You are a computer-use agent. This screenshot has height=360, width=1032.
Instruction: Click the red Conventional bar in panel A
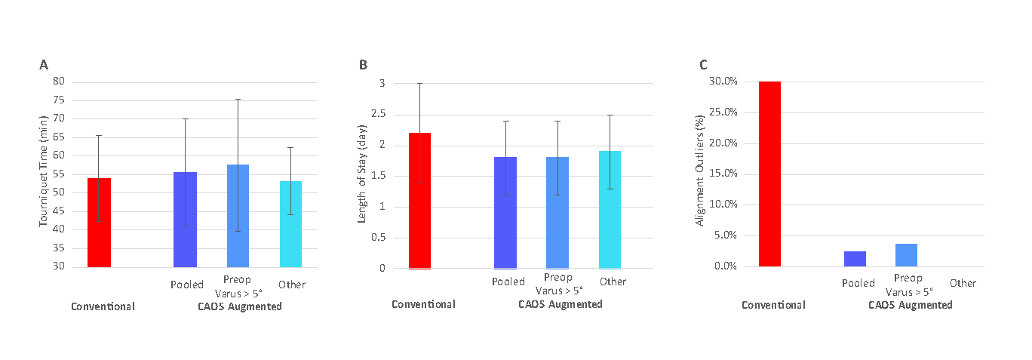[x=99, y=223]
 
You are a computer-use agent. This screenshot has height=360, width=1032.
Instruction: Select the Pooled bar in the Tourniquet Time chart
[x=185, y=220]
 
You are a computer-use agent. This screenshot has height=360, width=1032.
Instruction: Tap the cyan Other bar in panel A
[x=290, y=224]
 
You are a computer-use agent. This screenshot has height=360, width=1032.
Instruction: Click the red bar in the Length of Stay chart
[x=419, y=201]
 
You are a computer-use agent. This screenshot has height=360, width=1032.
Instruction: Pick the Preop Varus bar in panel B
[x=557, y=213]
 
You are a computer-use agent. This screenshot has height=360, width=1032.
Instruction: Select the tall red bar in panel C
[x=769, y=174]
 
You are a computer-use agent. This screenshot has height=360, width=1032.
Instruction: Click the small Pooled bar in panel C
[x=855, y=259]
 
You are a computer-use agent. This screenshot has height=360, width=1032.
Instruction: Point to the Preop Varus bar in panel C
[x=906, y=255]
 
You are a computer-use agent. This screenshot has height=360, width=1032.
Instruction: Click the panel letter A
[x=44, y=66]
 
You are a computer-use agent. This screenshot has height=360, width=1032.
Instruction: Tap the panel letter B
[x=363, y=66]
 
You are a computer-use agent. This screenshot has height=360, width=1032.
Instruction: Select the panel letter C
[x=703, y=66]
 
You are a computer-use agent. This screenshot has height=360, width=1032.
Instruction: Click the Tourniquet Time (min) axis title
[x=44, y=174]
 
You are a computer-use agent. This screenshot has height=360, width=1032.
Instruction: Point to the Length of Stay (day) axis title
[x=363, y=175]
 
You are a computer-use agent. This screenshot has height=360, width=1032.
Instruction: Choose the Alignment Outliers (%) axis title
[x=701, y=174]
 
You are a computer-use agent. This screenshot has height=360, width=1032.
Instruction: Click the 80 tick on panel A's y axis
[x=59, y=82]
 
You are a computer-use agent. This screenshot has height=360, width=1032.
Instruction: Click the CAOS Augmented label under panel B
[x=560, y=304]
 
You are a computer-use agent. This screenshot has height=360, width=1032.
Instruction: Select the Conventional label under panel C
[x=773, y=305]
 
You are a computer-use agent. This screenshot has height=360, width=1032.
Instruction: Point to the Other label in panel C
[x=963, y=283]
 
